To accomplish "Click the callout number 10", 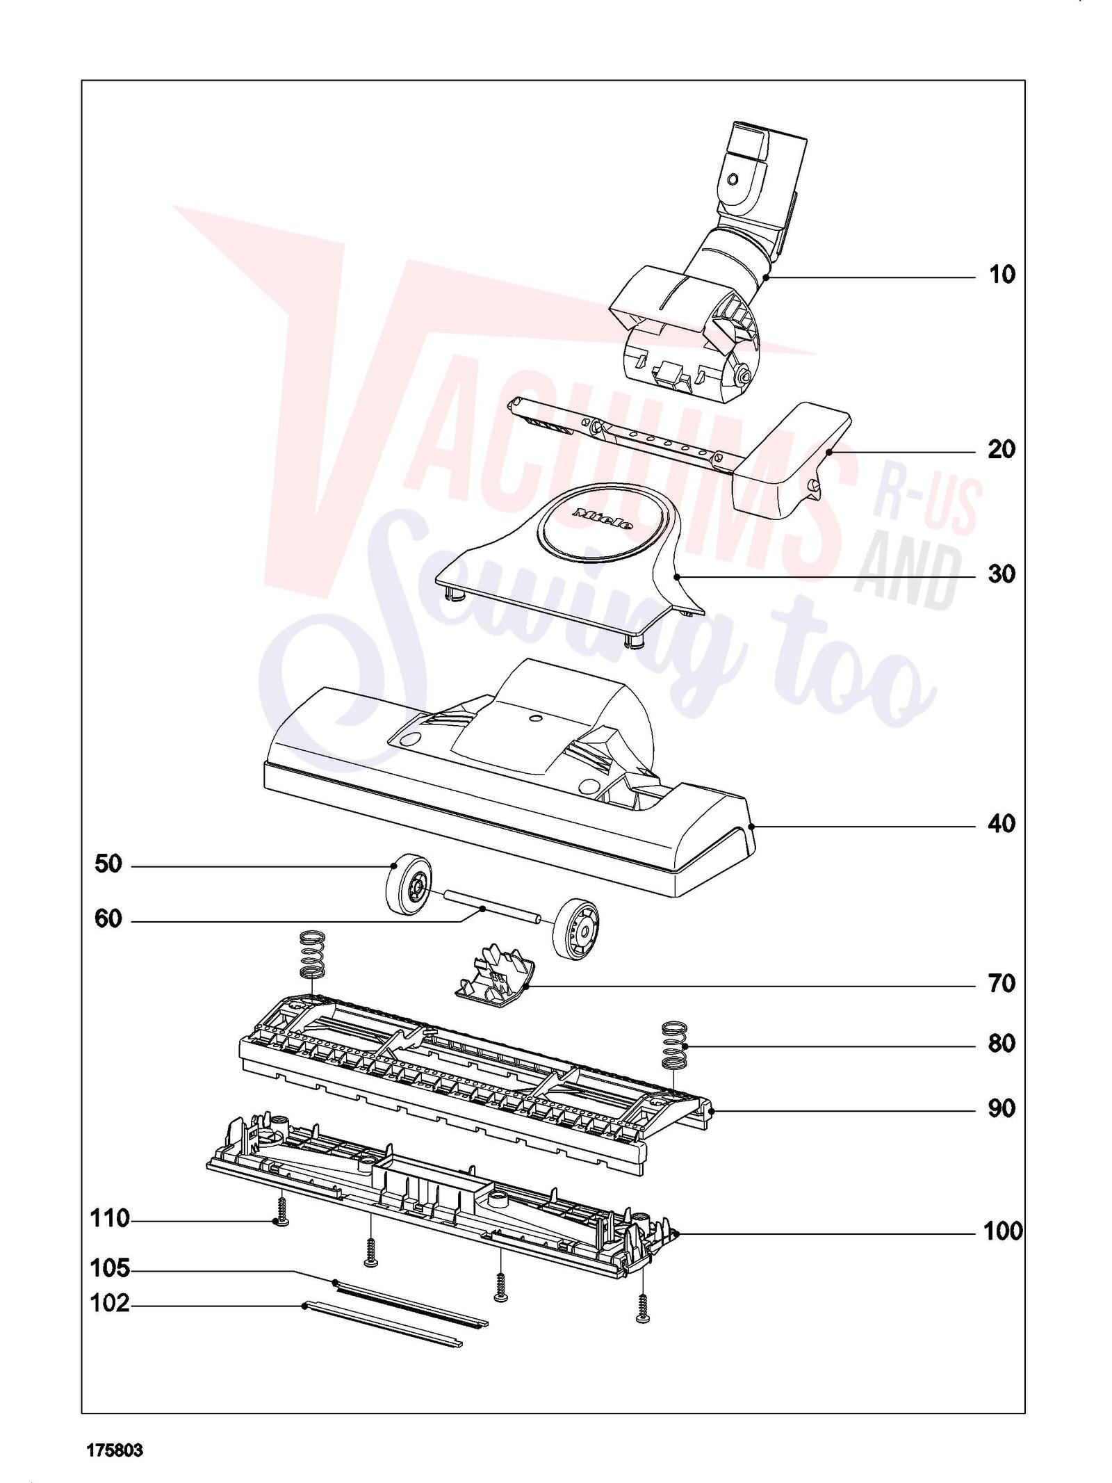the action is [1001, 275].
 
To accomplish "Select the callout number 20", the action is [1001, 450].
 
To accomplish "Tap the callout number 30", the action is [1001, 574].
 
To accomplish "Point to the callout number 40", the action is [1001, 824].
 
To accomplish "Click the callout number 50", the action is [108, 864].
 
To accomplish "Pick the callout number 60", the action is [108, 920].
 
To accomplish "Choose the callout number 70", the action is [1001, 984].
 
